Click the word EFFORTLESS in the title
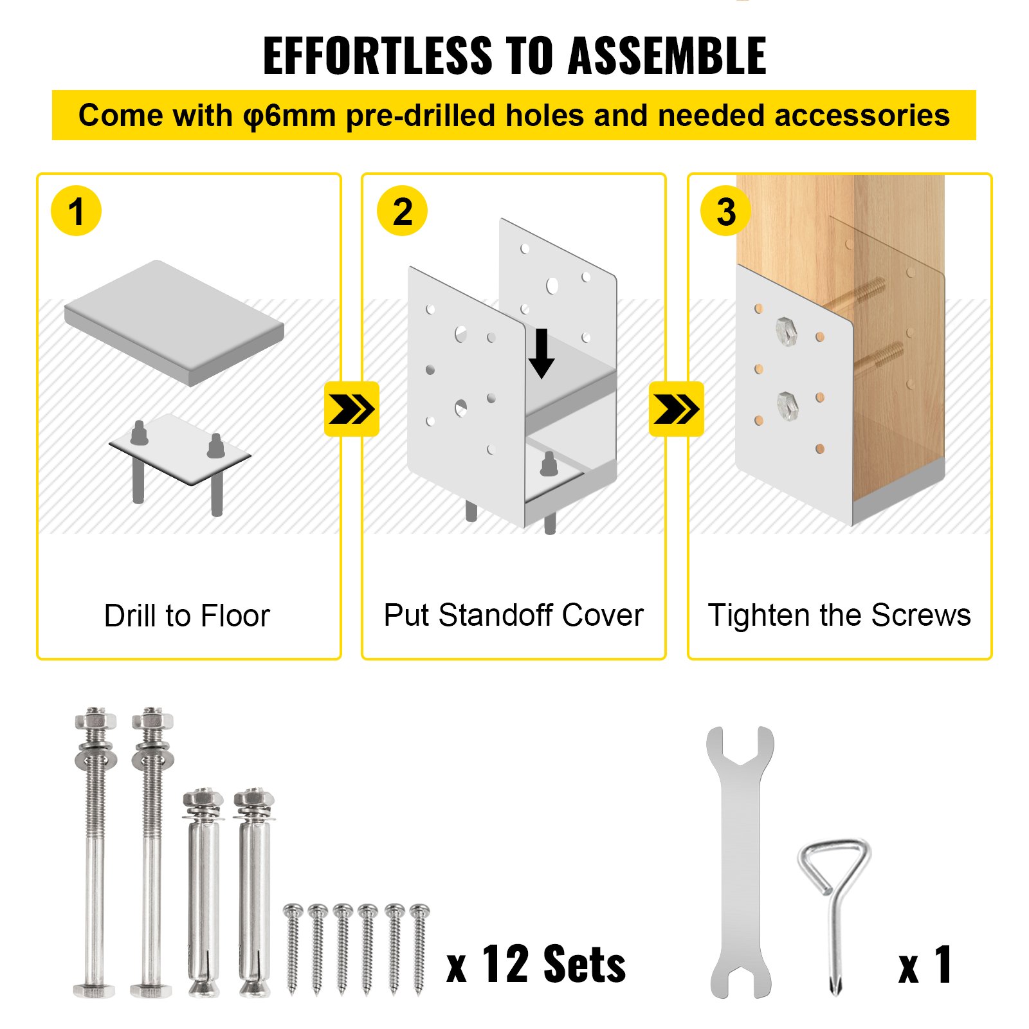pyautogui.click(x=378, y=56)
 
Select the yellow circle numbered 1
pyautogui.click(x=76, y=211)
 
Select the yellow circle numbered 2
pyautogui.click(x=402, y=211)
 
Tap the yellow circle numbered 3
pyautogui.click(x=725, y=211)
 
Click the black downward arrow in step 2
pyautogui.click(x=542, y=353)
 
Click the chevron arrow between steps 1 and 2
pyautogui.click(x=351, y=409)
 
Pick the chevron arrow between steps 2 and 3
pyautogui.click(x=676, y=409)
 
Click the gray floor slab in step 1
pyautogui.click(x=174, y=322)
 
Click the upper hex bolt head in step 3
pyautogui.click(x=786, y=332)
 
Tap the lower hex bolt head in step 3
pyautogui.click(x=787, y=405)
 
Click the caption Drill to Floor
pyautogui.click(x=187, y=615)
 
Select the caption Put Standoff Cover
pyautogui.click(x=513, y=615)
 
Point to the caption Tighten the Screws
pyautogui.click(x=839, y=615)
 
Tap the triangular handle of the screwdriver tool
pyautogui.click(x=833, y=862)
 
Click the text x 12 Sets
pyautogui.click(x=536, y=965)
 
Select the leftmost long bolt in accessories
pyautogui.click(x=95, y=855)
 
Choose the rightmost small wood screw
pyautogui.click(x=419, y=949)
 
